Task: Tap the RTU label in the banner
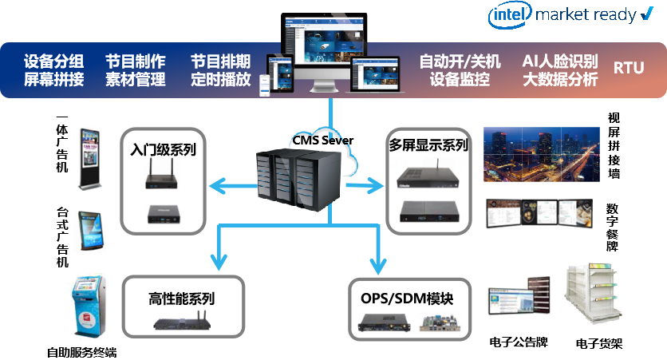(628, 69)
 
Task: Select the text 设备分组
(55, 61)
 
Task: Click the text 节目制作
(136, 61)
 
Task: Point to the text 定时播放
(221, 80)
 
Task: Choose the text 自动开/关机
(460, 61)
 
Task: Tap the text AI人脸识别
(559, 61)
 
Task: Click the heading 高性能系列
(182, 300)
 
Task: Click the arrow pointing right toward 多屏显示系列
(364, 187)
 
